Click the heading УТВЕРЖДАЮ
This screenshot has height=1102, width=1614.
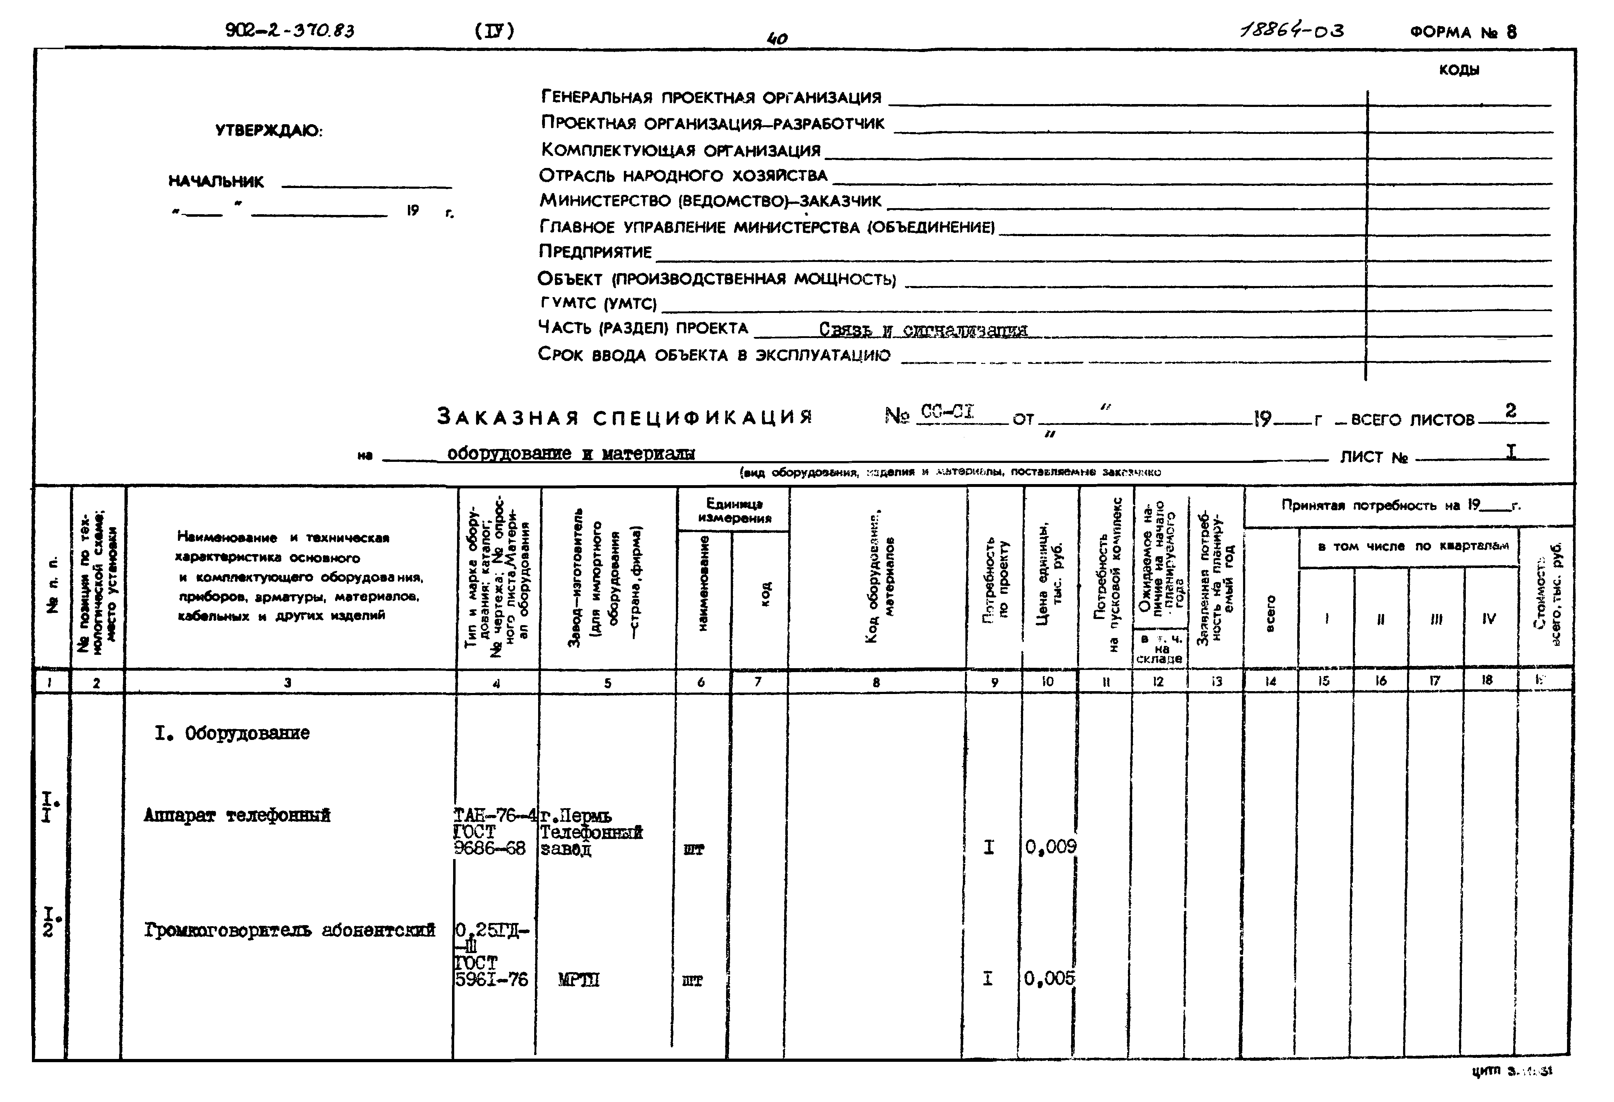269,131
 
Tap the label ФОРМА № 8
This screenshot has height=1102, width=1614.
1463,32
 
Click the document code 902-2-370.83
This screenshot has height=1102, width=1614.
290,31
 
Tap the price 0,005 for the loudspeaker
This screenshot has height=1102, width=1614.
1049,978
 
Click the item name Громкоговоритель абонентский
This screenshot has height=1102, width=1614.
290,930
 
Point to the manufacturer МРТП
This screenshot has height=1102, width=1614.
579,980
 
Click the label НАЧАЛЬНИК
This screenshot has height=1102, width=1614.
216,182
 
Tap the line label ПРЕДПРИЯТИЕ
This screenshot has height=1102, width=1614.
595,252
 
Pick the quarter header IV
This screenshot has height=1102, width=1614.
1488,618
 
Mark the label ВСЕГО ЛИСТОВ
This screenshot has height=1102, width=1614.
1413,420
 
